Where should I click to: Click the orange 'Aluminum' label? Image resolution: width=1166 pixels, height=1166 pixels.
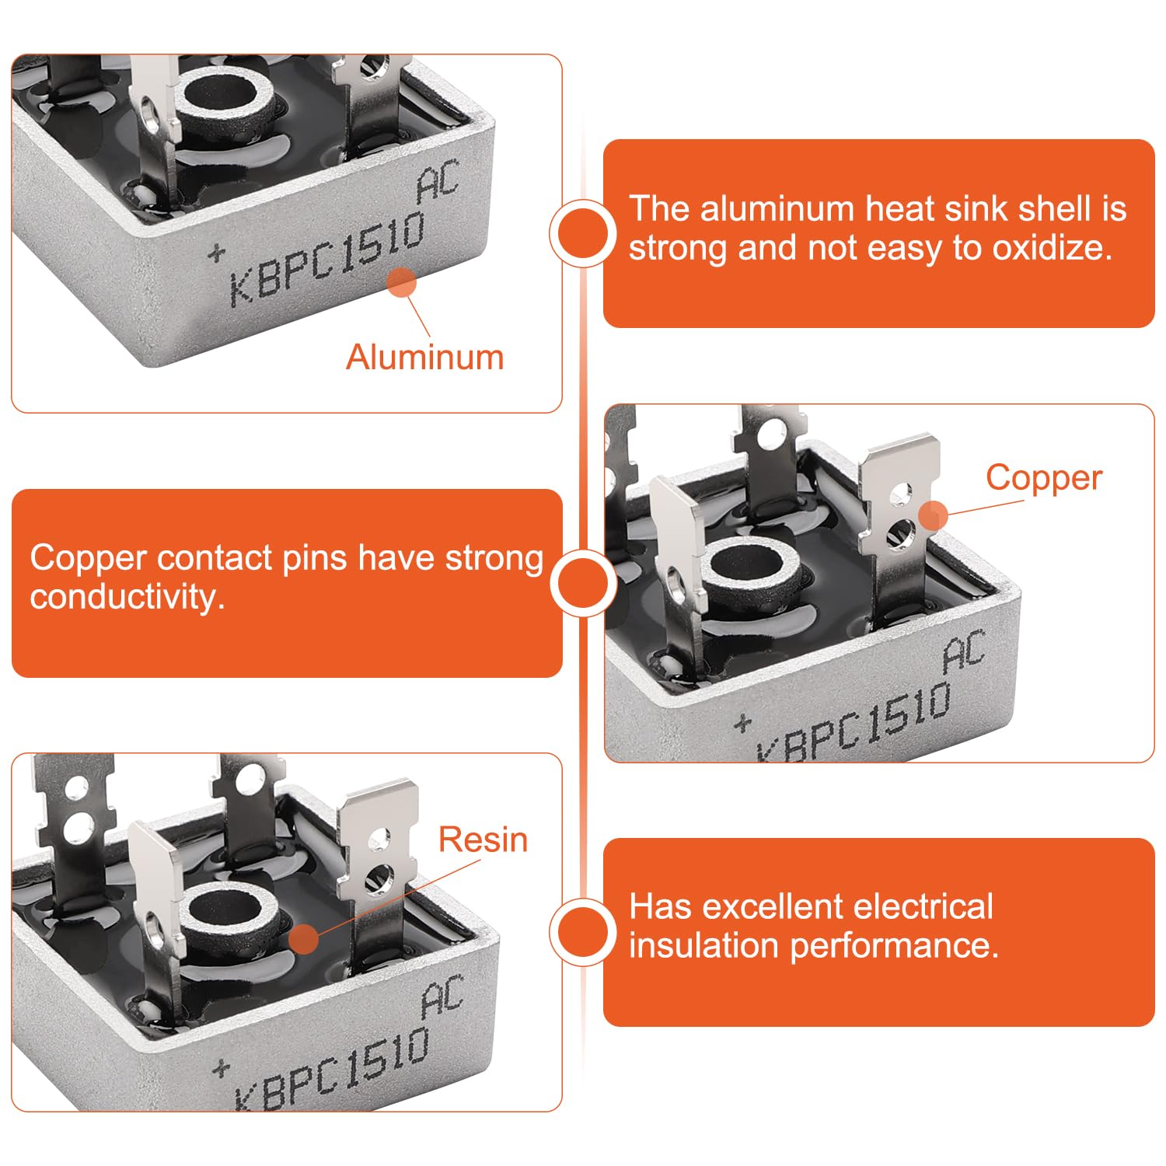425,358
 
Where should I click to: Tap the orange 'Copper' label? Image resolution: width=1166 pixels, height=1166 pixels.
1044,479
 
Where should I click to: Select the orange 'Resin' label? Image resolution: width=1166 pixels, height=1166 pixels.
483,840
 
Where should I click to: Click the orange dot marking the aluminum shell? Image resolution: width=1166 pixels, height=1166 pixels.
402,283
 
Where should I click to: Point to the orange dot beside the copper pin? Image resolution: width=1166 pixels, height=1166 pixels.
933,515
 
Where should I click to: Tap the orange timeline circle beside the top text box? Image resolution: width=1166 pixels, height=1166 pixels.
583,233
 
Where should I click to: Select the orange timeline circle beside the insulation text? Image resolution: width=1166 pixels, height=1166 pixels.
583,931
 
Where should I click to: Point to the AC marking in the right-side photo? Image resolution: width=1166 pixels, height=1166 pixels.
964,651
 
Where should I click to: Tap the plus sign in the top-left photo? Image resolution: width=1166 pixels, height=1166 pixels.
217,253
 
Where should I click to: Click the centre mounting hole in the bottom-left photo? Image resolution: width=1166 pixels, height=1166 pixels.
227,911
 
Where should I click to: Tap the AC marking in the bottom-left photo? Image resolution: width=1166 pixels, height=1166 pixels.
442,997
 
